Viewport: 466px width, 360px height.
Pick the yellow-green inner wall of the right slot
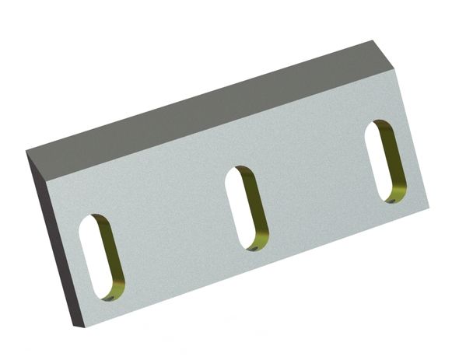pyautogui.click(x=394, y=166)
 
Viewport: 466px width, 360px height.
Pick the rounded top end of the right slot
pyautogui.click(x=377, y=125)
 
